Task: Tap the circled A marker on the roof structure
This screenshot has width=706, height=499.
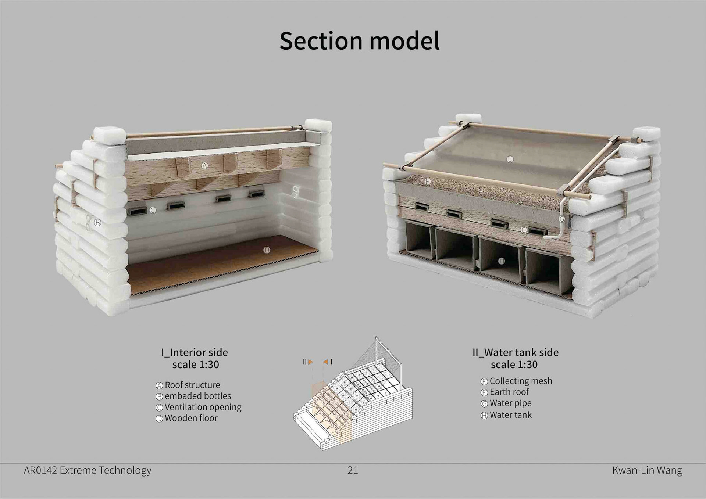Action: (x=205, y=165)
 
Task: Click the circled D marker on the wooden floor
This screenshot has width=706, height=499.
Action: (x=267, y=250)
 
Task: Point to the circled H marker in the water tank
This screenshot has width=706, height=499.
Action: (x=501, y=261)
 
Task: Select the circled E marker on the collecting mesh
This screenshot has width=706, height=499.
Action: (x=510, y=159)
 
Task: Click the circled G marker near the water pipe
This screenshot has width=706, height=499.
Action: (x=561, y=219)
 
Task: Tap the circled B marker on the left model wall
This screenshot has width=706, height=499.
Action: (x=97, y=222)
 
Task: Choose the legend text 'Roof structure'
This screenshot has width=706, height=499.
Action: (x=192, y=385)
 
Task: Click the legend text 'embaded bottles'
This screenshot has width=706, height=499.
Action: (x=198, y=396)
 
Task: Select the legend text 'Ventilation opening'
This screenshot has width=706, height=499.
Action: (x=203, y=407)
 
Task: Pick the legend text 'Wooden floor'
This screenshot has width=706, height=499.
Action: (x=191, y=418)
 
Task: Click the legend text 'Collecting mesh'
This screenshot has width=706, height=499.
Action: (x=521, y=381)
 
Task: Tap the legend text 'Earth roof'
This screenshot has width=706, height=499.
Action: (x=509, y=392)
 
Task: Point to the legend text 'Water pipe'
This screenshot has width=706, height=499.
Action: (x=510, y=403)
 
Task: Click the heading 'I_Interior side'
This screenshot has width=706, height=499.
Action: (x=195, y=352)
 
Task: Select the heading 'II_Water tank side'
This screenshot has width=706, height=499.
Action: (x=515, y=352)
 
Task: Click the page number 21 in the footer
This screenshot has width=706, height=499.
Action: (x=353, y=470)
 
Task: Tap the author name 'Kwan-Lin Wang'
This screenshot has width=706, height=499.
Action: (x=647, y=470)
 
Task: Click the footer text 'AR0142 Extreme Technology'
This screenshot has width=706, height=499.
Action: (x=88, y=470)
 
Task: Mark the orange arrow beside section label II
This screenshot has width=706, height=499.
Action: (x=311, y=362)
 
